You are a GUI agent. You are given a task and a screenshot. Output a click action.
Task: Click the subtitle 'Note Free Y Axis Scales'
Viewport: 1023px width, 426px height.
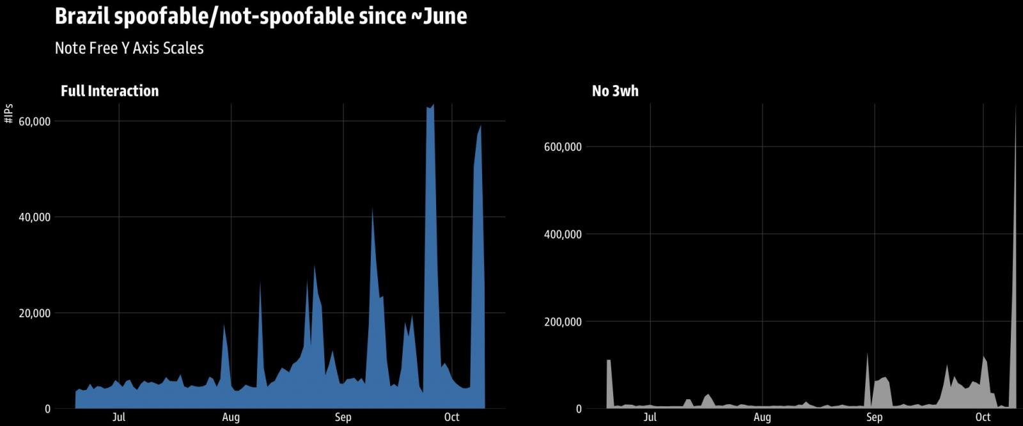(129, 49)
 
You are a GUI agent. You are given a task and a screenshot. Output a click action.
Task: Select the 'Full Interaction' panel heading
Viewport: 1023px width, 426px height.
(109, 91)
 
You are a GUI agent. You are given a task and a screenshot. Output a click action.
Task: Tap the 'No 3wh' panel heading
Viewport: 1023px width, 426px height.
(615, 91)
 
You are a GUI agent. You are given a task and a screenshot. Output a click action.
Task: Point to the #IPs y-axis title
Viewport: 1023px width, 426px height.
(9, 114)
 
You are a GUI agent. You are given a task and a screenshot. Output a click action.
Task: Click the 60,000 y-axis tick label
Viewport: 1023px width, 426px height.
(34, 122)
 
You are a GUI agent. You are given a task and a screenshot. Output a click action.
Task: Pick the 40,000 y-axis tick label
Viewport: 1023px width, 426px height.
(34, 217)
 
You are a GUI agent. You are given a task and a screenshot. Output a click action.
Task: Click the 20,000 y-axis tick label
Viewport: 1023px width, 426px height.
(34, 313)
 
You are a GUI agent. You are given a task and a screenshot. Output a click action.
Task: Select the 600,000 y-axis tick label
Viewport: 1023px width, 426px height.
(563, 147)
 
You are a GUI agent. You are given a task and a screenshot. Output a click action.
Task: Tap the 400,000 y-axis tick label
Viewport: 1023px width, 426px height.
(563, 235)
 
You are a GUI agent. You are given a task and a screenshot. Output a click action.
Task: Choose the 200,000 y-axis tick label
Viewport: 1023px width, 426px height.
(563, 322)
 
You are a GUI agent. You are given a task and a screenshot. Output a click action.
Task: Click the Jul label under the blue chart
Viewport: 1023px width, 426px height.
(119, 418)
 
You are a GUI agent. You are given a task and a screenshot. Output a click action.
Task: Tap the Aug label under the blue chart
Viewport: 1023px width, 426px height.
(231, 418)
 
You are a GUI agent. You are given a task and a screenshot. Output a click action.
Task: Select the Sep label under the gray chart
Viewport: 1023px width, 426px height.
(874, 418)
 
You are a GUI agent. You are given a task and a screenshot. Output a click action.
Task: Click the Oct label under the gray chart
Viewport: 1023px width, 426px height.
(983, 418)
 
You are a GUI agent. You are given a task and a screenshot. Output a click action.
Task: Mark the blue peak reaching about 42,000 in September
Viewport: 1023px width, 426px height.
(372, 211)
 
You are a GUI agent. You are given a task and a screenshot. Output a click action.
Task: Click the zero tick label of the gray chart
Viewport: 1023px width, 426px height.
(578, 409)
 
